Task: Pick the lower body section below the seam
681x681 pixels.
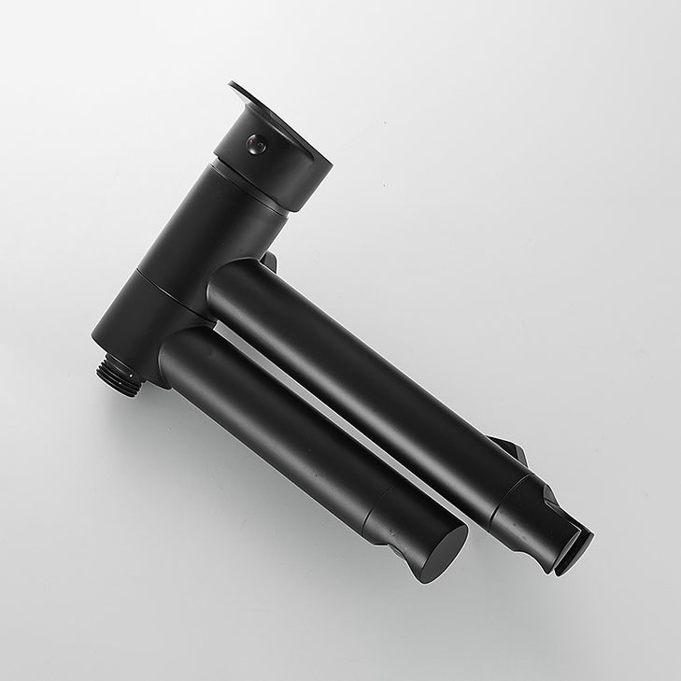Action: [140, 322]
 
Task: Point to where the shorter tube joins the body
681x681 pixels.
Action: [177, 350]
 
